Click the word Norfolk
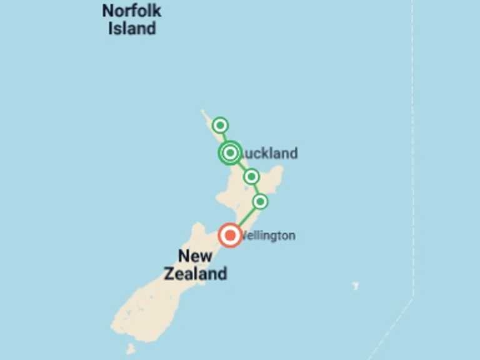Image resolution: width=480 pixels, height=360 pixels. tap(131, 11)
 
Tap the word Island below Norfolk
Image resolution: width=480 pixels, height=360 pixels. tap(131, 29)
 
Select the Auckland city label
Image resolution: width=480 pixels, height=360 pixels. tap(269, 153)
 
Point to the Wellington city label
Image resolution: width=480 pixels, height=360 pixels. tap(268, 236)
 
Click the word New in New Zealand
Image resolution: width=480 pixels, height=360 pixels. tap(195, 256)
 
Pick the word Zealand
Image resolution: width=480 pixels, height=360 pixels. tap(195, 274)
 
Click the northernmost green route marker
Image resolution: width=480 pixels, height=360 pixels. tap(220, 126)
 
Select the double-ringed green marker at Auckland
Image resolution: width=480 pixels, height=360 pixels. tap(230, 152)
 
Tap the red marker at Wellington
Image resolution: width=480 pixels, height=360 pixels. tap(230, 236)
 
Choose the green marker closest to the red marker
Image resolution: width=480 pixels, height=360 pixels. tap(260, 201)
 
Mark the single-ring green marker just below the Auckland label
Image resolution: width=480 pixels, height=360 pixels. tap(251, 177)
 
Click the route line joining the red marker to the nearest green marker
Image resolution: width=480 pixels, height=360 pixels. tap(246, 217)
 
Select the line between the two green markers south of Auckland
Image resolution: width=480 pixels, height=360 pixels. tap(256, 189)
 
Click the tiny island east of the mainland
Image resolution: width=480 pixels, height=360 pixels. tap(355, 286)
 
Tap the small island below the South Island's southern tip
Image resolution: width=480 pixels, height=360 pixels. tap(130, 349)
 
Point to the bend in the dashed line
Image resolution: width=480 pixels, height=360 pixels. tap(412, 299)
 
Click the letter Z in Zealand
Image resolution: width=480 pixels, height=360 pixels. tap(169, 274)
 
